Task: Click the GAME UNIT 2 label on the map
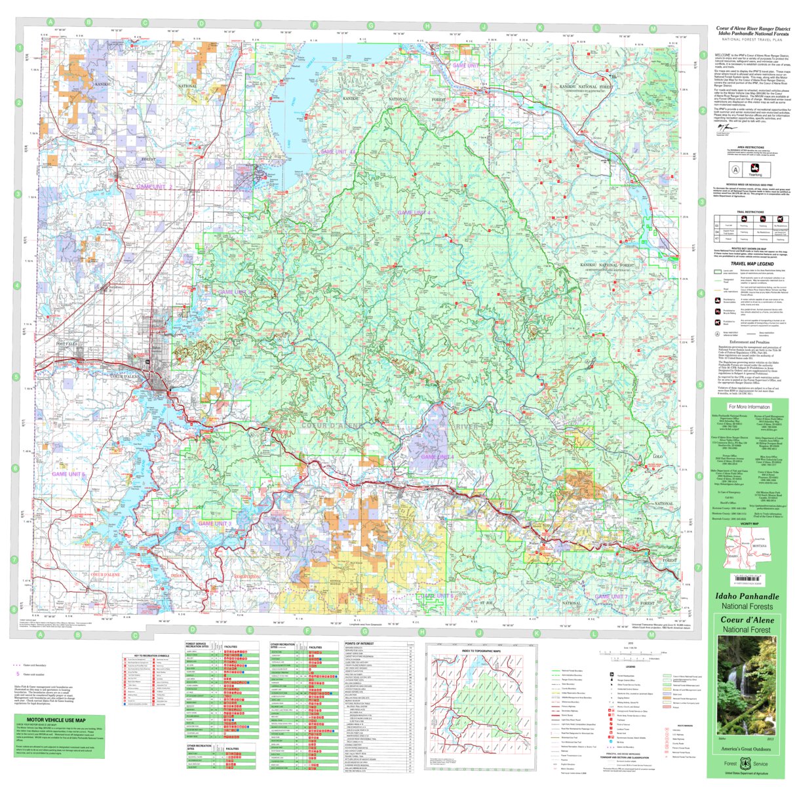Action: (154, 187)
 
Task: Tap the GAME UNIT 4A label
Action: (338, 152)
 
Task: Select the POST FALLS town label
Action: (67, 344)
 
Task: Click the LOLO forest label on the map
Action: (658, 456)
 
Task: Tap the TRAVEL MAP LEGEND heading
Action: (748, 263)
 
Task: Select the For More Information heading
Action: (749, 406)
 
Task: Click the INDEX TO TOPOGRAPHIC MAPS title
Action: (480, 651)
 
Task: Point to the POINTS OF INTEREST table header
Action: (359, 644)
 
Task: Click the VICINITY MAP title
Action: (748, 524)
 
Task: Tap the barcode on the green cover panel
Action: (748, 579)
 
